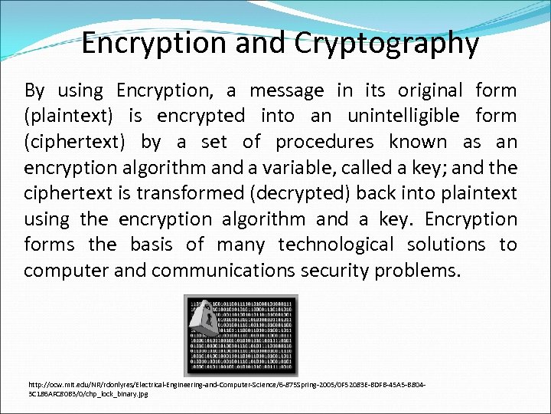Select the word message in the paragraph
pyautogui.click(x=286, y=90)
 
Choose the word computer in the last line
pyautogui.click(x=62, y=271)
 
